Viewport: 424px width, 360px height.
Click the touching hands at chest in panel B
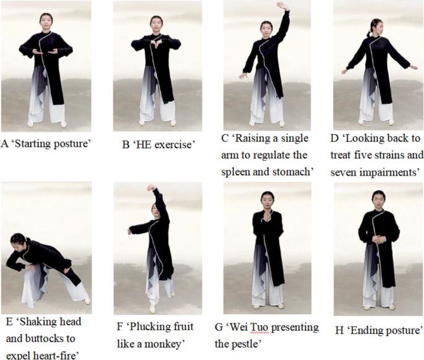(x=157, y=43)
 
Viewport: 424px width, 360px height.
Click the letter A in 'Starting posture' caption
(x=4, y=144)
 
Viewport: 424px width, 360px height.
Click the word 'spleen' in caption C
(x=235, y=172)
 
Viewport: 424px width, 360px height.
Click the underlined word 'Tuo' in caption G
(x=259, y=328)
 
